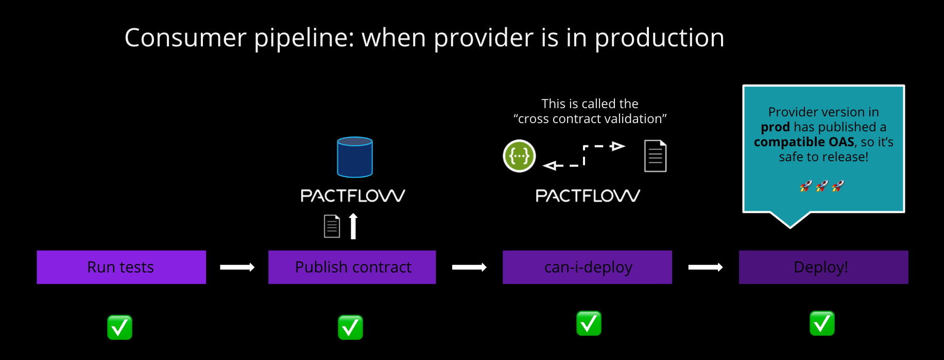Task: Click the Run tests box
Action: (x=121, y=267)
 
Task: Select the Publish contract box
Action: (x=352, y=267)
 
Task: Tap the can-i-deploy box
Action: (x=587, y=267)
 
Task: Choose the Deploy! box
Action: (x=823, y=267)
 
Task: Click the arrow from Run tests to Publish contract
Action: (x=237, y=267)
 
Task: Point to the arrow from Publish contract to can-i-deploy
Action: (x=469, y=267)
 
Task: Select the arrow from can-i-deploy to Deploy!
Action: (x=706, y=267)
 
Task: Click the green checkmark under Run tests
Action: (x=120, y=328)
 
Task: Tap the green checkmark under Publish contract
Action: (x=350, y=328)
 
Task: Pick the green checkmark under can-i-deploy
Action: (x=589, y=323)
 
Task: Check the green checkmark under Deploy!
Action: (x=822, y=323)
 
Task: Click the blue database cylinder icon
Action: (x=355, y=157)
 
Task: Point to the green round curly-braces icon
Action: (x=519, y=156)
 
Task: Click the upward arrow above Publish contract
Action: (x=353, y=227)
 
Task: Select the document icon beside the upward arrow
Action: (x=332, y=226)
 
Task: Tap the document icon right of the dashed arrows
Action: (x=656, y=156)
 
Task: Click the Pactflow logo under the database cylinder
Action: (x=353, y=196)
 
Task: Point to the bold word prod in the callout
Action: (x=775, y=127)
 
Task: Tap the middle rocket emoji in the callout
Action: (x=822, y=186)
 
